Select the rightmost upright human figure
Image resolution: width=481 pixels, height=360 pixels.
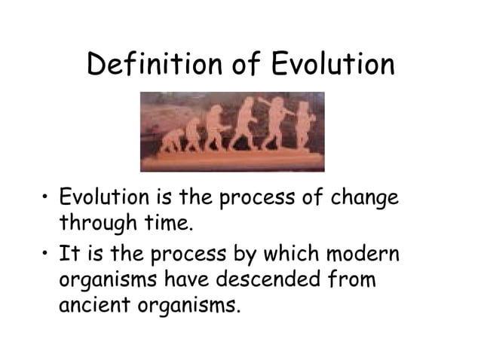pyautogui.click(x=303, y=124)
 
